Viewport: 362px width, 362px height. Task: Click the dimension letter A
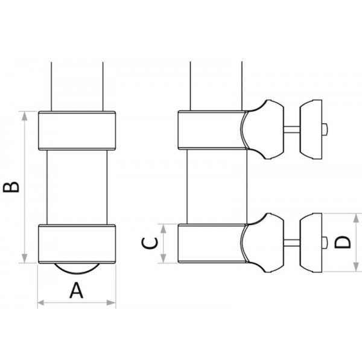tap(77, 290)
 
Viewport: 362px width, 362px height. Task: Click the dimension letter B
tap(11, 187)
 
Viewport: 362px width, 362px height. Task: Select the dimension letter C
tap(150, 244)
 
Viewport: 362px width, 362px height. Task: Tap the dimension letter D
tap(343, 242)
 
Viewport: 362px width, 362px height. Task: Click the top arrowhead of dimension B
tap(25, 116)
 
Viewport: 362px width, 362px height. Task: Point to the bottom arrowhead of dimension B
tap(25, 258)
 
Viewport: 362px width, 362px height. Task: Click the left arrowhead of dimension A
tap(41, 303)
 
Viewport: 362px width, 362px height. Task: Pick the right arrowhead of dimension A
tap(111, 303)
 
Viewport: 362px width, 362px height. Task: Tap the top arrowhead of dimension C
tap(164, 229)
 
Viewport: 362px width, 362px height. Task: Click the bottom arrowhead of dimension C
tap(164, 258)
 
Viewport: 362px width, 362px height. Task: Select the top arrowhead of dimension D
tap(356, 218)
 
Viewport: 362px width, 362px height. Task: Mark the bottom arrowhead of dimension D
tap(356, 267)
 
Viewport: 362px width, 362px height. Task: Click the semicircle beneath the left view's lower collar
tap(77, 268)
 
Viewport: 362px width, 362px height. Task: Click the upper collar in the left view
tap(77, 131)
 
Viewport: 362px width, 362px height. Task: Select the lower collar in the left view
tap(77, 244)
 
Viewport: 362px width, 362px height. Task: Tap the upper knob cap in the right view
tap(311, 130)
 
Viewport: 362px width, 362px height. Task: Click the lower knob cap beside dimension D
tap(311, 243)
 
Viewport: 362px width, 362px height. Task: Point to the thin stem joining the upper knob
tap(291, 130)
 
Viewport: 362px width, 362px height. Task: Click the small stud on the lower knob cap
tap(325, 243)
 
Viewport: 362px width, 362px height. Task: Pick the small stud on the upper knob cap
tap(325, 130)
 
